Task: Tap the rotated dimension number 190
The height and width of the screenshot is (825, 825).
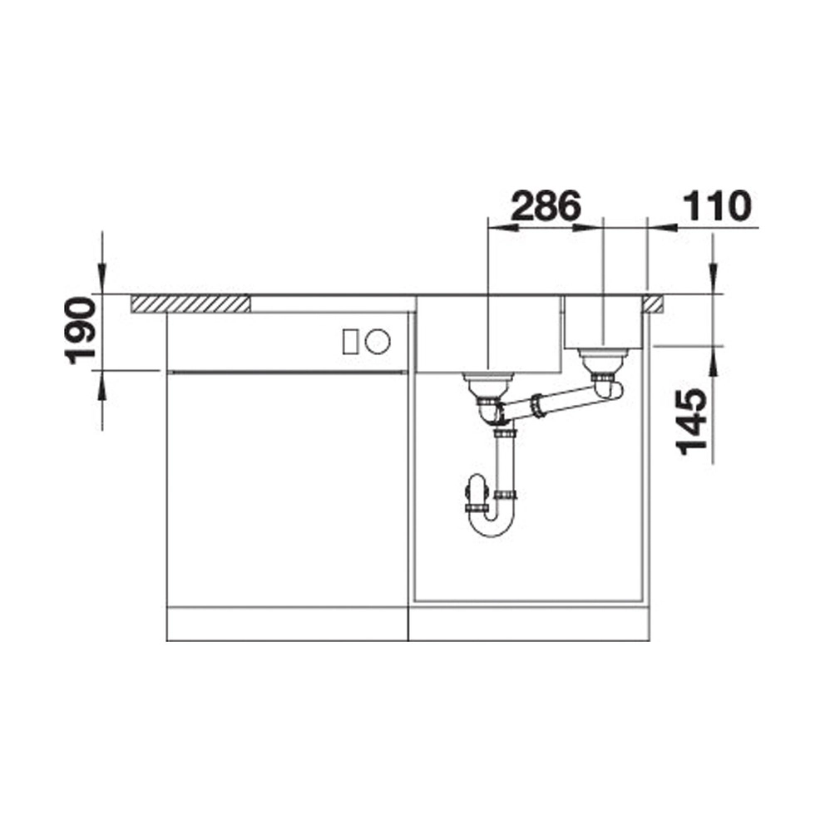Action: tap(81, 331)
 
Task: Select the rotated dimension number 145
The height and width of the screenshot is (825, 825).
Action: tap(691, 422)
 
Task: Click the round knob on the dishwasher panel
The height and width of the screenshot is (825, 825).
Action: tap(378, 342)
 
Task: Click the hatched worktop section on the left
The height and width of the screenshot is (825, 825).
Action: tap(190, 304)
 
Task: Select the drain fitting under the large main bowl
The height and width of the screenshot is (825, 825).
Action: tap(487, 386)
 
